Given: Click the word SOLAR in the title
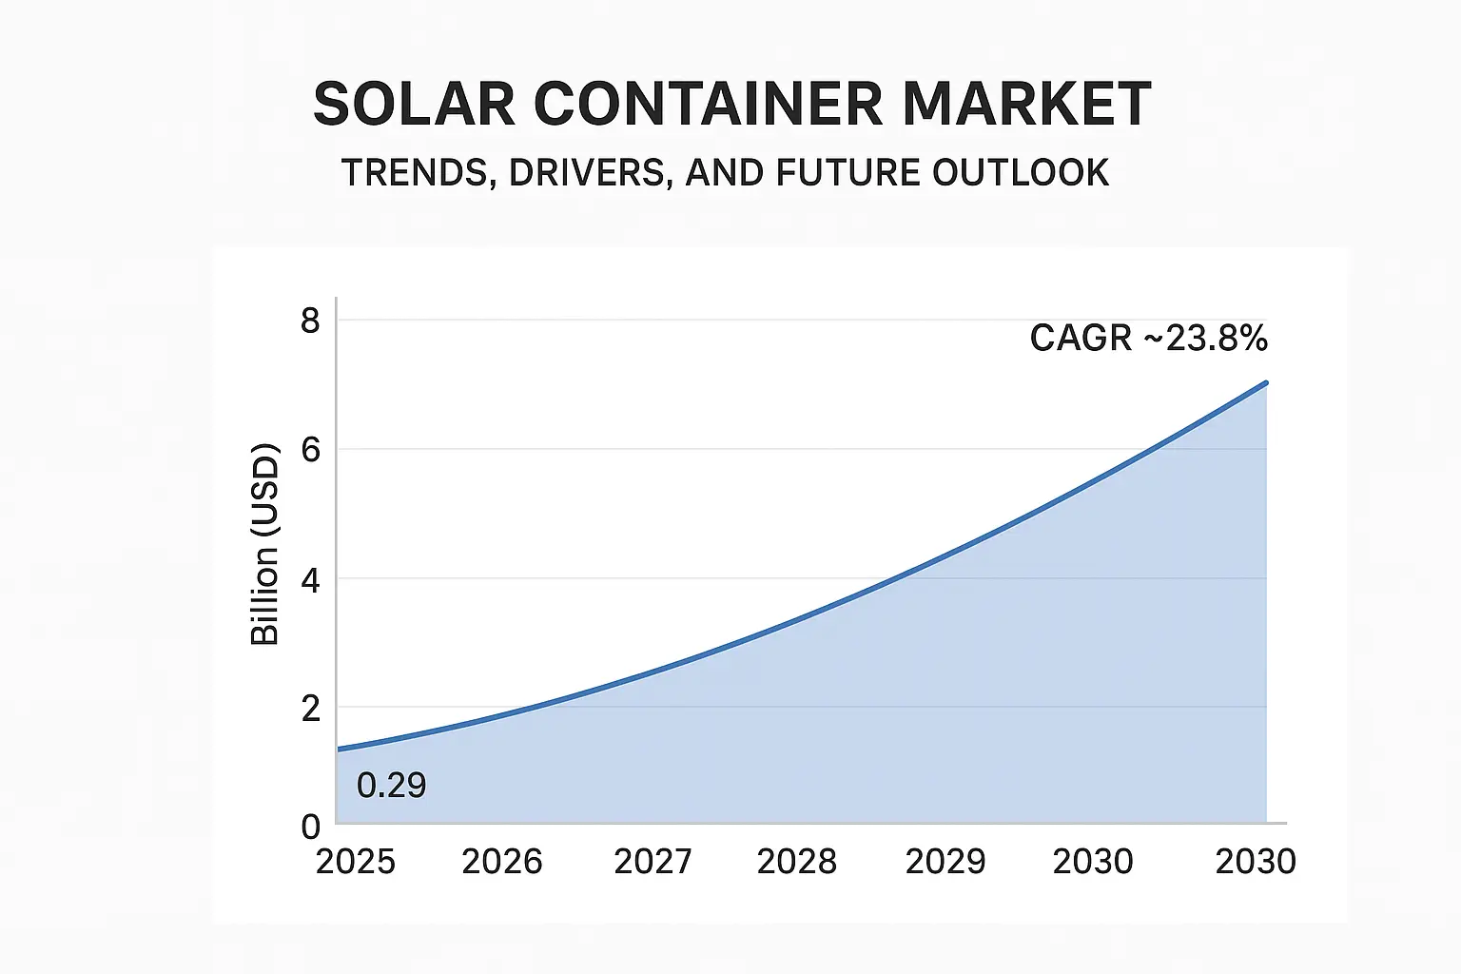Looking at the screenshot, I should (x=415, y=104).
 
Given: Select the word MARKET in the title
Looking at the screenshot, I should (x=1026, y=104).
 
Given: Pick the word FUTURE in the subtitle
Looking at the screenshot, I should (x=848, y=173).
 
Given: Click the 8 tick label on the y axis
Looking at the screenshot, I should (x=310, y=321).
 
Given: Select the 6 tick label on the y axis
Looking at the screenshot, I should (x=310, y=450).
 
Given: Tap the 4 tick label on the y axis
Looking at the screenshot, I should (x=310, y=580).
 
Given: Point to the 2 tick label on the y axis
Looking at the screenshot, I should (x=310, y=709).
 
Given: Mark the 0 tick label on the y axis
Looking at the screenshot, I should (x=310, y=827).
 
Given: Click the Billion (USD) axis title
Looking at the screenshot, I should (x=264, y=545).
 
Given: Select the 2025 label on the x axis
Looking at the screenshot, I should (x=355, y=862).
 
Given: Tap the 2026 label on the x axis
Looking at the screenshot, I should (x=501, y=862).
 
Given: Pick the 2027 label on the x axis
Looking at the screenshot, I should (x=653, y=862).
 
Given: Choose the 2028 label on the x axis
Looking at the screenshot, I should (x=796, y=862).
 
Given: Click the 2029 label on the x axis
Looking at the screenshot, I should (x=945, y=862).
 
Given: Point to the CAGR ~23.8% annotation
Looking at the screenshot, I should (x=1148, y=339).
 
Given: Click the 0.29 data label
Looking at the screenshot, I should (x=391, y=786).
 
